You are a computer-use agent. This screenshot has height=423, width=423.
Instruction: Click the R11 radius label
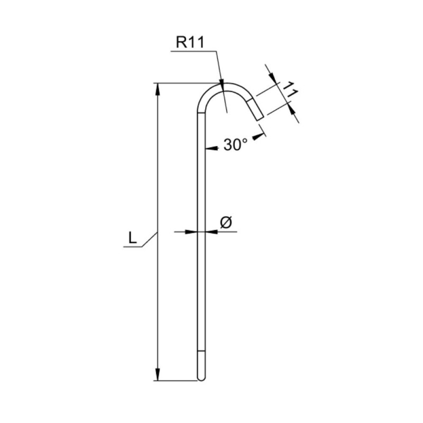click(x=190, y=42)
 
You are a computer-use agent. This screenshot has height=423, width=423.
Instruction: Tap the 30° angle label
click(x=235, y=144)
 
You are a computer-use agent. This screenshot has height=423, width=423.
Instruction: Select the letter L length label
click(x=133, y=238)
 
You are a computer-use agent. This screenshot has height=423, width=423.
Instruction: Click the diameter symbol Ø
click(x=226, y=223)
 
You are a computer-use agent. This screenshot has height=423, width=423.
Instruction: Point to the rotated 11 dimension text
click(x=290, y=89)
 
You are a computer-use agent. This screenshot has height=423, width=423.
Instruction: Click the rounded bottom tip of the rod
click(x=201, y=378)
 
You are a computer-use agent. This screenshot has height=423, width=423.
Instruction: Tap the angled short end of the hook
click(x=255, y=109)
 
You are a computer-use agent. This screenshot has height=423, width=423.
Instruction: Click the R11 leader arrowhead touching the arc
click(x=222, y=84)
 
